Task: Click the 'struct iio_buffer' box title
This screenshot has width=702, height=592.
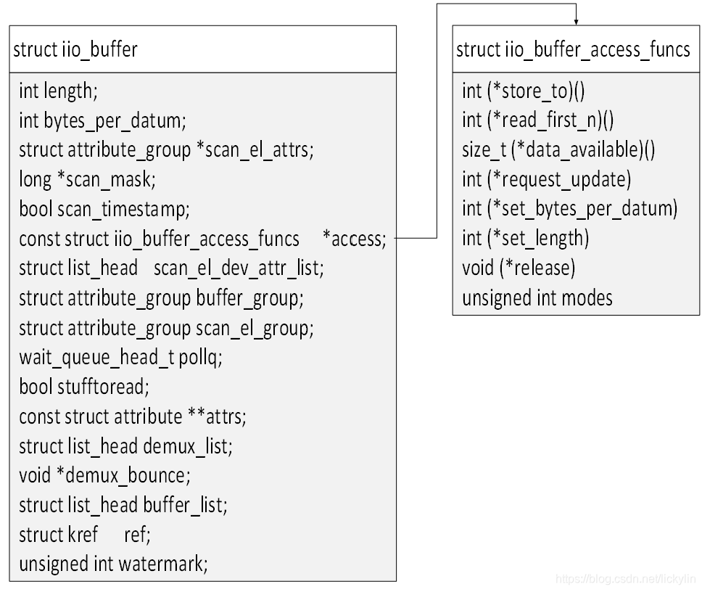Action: click(x=75, y=49)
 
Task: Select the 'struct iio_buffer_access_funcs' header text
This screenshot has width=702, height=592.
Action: click(x=573, y=49)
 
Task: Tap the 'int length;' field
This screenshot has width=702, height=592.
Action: click(x=57, y=91)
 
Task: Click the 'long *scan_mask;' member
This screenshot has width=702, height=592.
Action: click(x=87, y=178)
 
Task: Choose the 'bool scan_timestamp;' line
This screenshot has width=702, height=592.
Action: click(x=104, y=209)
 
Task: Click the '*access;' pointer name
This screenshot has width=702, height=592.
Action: click(x=354, y=239)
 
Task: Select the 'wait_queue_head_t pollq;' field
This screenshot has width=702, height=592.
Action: click(x=120, y=357)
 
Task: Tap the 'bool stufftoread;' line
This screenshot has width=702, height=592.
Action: click(x=83, y=387)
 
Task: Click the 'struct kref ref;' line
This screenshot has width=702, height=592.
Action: click(x=85, y=535)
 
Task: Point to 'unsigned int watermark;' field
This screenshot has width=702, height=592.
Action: click(x=113, y=564)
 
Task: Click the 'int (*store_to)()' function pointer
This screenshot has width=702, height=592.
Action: click(x=523, y=91)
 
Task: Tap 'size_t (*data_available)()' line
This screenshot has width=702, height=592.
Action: click(x=558, y=149)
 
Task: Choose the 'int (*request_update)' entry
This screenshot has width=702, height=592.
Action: click(x=546, y=179)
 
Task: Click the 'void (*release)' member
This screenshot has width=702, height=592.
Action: click(x=518, y=268)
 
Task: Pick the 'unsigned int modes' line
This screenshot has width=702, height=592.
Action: click(x=537, y=297)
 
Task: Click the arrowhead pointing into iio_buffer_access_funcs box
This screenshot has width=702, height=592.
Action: click(x=576, y=20)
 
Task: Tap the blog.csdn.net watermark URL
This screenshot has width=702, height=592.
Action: click(x=624, y=579)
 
